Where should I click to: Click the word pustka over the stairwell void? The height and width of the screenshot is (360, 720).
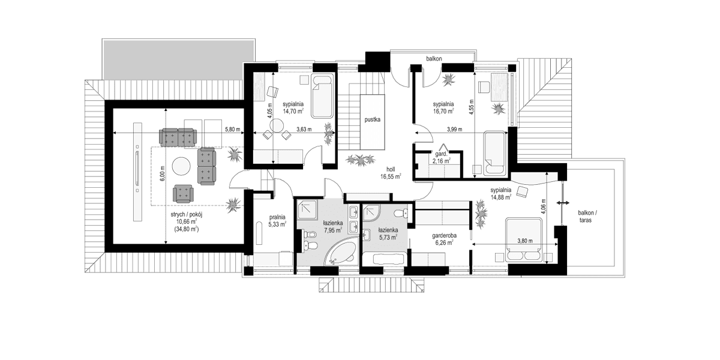click(x=373, y=119)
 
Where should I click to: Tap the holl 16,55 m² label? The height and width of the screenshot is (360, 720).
click(x=390, y=173)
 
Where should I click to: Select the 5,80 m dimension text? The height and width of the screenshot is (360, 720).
click(x=232, y=129)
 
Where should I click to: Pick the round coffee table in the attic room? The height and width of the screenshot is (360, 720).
click(x=181, y=164)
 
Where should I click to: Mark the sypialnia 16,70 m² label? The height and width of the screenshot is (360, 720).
click(x=443, y=106)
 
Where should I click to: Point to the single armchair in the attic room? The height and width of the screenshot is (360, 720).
click(x=183, y=193)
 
